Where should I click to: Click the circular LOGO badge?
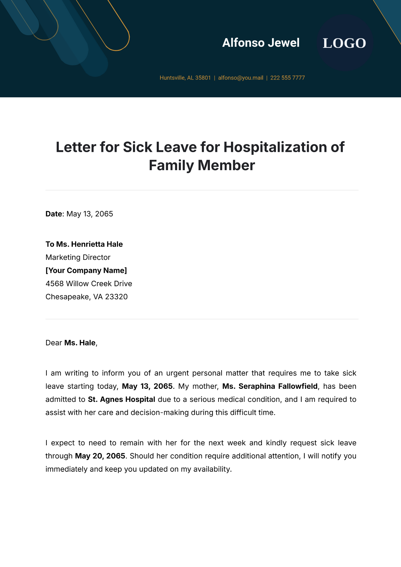coord(345,43)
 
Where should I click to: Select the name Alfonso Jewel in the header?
coord(261,43)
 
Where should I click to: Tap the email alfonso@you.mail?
coord(241,78)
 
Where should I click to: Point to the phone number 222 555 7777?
coord(287,78)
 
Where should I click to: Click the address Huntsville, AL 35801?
coord(185,78)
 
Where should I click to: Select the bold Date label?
coord(54,214)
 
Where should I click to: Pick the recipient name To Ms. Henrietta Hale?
coord(84,244)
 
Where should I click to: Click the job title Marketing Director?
coord(78,257)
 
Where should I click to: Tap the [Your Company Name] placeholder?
coord(86,270)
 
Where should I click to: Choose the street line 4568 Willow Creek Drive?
coord(89,284)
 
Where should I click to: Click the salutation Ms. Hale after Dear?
coord(80,343)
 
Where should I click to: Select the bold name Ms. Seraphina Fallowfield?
coord(270,386)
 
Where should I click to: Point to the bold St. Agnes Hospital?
coord(122,400)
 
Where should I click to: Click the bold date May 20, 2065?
coord(100,456)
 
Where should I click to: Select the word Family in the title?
coord(171,165)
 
